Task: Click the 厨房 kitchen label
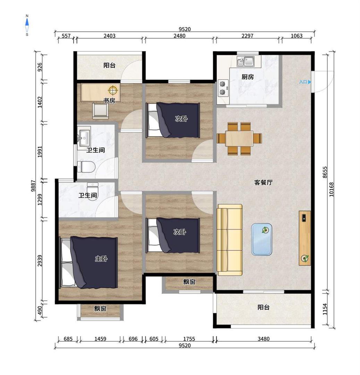pos(248,77)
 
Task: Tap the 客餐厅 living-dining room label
pos(263,183)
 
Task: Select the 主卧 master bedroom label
pos(101,259)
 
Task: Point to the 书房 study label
pos(109,100)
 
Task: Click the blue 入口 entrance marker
pos(305,82)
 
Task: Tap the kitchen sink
pos(246,61)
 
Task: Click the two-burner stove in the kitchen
pos(223,88)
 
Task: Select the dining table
pos(239,139)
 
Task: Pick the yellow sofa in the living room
pos(229,240)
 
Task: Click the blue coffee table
pos(261,239)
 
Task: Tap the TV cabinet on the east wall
pos(305,238)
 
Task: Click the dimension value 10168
pos(331,190)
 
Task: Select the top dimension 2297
pos(247,36)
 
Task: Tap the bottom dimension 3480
pos(263,339)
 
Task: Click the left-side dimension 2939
pos(40,261)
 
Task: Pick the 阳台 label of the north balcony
pos(109,65)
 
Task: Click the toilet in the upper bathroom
pos(86,167)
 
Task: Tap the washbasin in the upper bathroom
pos(84,137)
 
